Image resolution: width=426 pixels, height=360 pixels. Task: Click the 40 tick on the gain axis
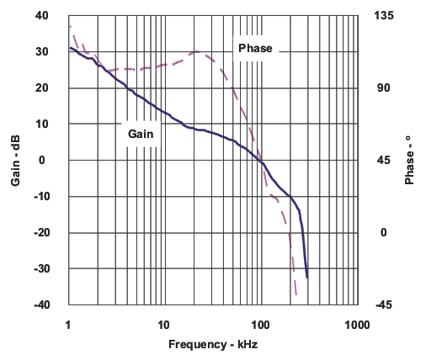click(x=42, y=16)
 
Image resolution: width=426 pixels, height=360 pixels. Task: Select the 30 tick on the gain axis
click(x=42, y=52)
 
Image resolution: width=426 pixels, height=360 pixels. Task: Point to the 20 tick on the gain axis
click(x=42, y=88)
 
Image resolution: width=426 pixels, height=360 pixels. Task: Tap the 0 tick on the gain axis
click(x=45, y=161)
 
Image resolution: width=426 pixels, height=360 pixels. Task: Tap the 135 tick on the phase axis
click(x=378, y=16)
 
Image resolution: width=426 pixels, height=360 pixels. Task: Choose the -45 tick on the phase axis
click(x=377, y=305)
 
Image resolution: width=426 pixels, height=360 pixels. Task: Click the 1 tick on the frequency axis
click(x=68, y=324)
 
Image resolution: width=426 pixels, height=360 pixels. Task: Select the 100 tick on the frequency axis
click(x=261, y=324)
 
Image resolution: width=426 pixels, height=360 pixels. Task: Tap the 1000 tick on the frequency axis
click(x=357, y=324)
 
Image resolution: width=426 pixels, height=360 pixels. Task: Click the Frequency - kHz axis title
click(x=212, y=345)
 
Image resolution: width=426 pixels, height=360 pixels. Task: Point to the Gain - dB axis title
click(x=15, y=161)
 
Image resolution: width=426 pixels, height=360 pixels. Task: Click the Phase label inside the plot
click(x=255, y=48)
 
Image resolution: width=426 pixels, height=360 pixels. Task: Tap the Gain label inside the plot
click(x=141, y=133)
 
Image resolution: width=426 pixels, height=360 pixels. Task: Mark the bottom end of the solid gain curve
click(x=307, y=277)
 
